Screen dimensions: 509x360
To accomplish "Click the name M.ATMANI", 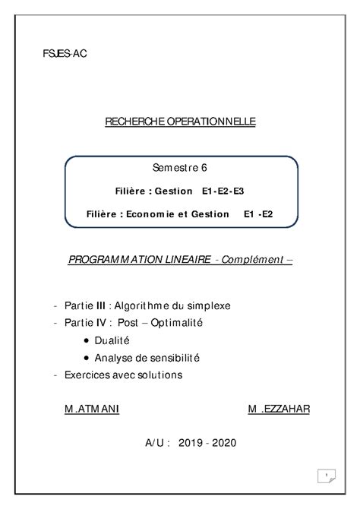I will pyautogui.click(x=92, y=409).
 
